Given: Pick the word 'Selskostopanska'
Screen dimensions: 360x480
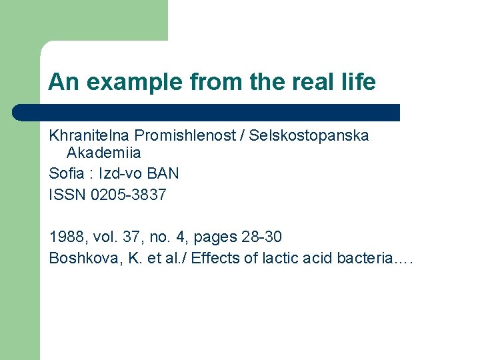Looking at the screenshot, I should (x=309, y=136).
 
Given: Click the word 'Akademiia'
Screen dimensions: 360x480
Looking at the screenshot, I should (x=104, y=153).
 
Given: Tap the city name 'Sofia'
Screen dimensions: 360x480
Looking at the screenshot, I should (x=65, y=174).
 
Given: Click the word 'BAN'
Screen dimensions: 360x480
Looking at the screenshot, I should (x=163, y=174).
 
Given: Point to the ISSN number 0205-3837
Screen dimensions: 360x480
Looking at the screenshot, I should (x=127, y=195).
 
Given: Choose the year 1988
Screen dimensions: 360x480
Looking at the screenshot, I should (x=65, y=237).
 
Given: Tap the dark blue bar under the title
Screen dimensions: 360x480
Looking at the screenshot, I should (x=207, y=113).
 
